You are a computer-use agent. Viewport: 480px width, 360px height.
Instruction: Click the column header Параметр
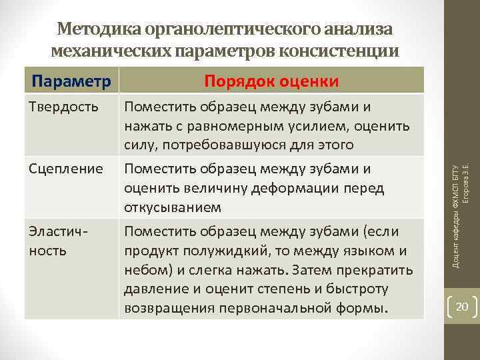tap(71, 81)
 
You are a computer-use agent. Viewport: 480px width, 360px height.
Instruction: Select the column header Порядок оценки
tap(271, 81)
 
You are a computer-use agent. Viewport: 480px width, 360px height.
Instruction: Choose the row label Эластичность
tap(57, 241)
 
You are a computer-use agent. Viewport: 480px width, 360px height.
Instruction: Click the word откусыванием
tap(173, 208)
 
